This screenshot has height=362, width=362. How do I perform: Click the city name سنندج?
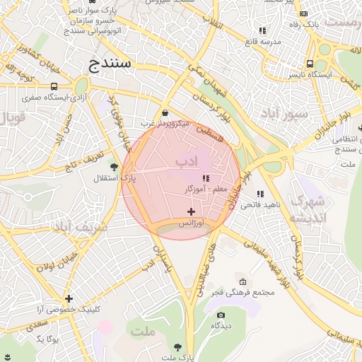pos(111,65)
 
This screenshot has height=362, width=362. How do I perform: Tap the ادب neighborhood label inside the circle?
pos(185,162)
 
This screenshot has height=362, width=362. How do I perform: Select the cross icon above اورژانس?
pos(191,211)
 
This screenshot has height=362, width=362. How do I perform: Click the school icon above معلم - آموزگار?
pos(206,179)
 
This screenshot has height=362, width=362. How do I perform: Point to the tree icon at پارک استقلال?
pos(114,167)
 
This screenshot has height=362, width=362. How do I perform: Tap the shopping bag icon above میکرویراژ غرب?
pos(165,112)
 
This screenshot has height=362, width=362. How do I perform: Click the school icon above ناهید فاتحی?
pos(260,194)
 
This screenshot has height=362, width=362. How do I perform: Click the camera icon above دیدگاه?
pos(221,315)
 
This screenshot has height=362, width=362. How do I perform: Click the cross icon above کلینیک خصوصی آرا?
pos(69,298)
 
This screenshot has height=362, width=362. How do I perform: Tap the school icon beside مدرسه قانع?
pos(262,30)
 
